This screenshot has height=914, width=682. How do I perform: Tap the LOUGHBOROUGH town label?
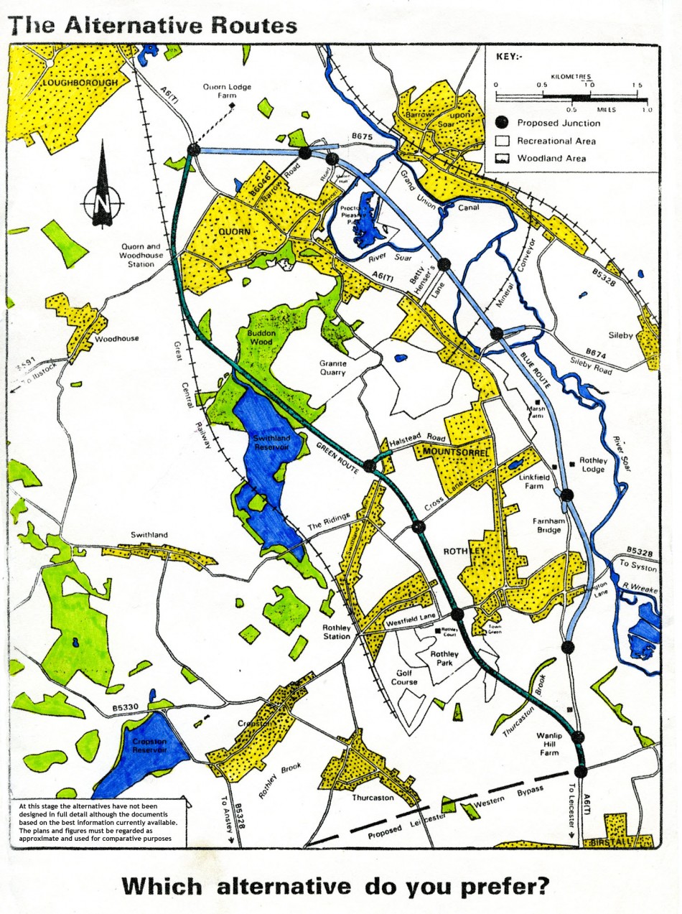[80, 83]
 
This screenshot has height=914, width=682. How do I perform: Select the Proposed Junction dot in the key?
[502, 123]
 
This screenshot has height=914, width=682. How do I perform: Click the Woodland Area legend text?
[551, 159]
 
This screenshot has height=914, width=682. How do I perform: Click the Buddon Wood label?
[261, 338]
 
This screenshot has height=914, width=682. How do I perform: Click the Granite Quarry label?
[333, 368]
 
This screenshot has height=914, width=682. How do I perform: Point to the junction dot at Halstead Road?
[370, 466]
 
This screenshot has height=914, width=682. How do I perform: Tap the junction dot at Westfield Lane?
[457, 614]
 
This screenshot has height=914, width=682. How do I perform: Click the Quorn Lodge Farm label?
[226, 91]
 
